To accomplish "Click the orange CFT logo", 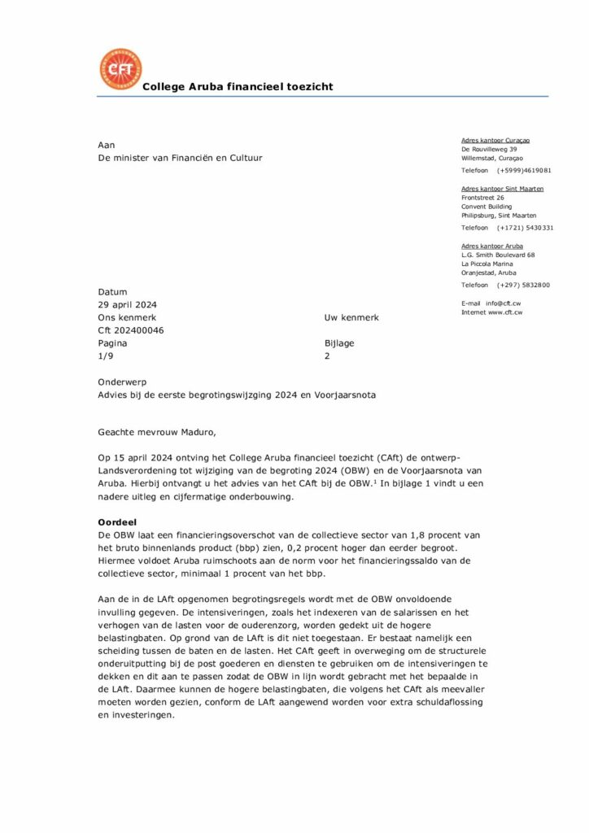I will (x=120, y=69).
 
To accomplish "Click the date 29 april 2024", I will (x=127, y=304).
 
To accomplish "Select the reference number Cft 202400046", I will (x=131, y=330).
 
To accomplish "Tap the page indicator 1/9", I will (x=106, y=356).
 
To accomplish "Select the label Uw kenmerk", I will (x=351, y=317).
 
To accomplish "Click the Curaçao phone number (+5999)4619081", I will (x=524, y=170).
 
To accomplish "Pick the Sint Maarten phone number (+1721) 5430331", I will (x=525, y=228).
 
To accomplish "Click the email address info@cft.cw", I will (x=504, y=303).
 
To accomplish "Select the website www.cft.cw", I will (x=504, y=312).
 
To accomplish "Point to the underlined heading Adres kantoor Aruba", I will (x=492, y=246).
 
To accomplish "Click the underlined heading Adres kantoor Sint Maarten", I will (x=502, y=189).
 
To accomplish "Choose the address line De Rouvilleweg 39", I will (x=489, y=150).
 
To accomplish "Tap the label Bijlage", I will (x=340, y=343).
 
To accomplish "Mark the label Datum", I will (x=112, y=291).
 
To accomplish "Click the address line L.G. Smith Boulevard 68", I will (x=498, y=255).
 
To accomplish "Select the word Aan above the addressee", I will (x=106, y=145).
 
